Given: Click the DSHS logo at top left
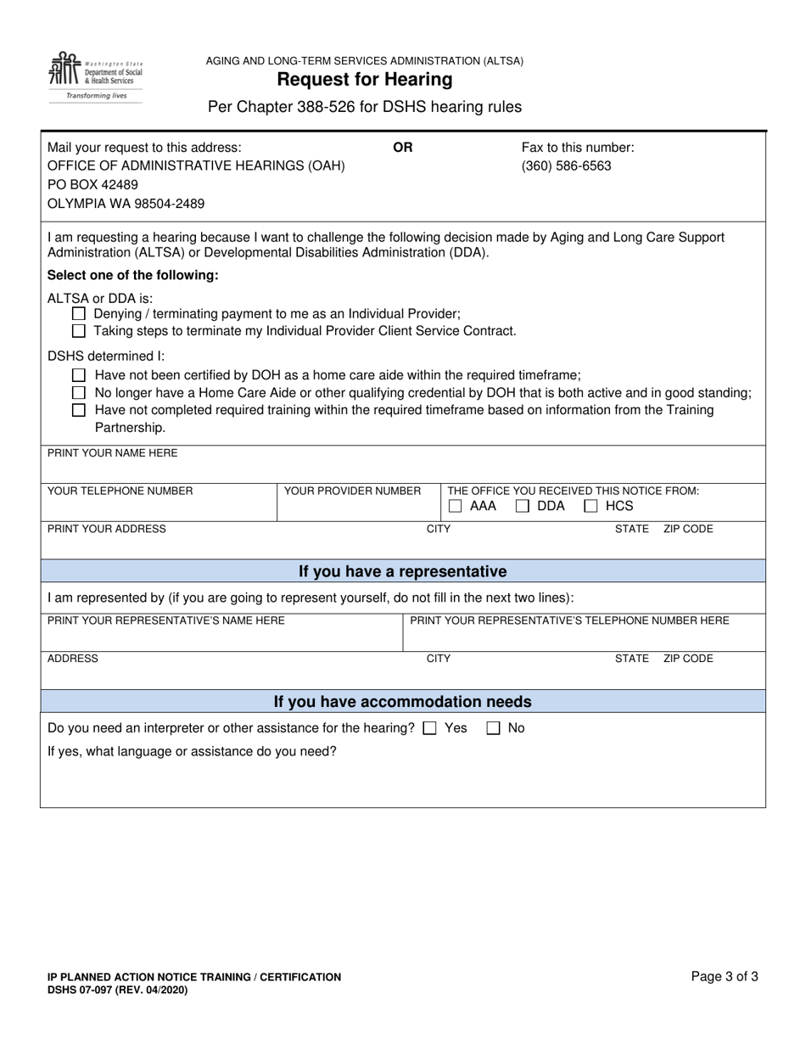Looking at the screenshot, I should point(96,75).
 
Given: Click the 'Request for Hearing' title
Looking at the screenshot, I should point(364,80).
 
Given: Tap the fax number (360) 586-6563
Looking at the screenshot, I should point(566,166).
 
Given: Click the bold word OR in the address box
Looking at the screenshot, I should point(403,148).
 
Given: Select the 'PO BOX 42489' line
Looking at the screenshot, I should point(92,185).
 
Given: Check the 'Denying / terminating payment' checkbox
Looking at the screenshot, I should point(79,314).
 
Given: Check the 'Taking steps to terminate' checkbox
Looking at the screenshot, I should point(79,331).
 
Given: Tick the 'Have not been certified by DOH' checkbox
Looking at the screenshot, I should point(79,375).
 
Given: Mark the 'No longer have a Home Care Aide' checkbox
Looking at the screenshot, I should point(79,393).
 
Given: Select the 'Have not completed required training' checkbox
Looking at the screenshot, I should point(79,410).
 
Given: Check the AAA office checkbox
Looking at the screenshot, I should point(456,507).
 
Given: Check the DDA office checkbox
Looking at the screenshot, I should point(523,507).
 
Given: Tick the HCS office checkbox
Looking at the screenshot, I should point(591,507).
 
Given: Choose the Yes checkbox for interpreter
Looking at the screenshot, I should point(430,728).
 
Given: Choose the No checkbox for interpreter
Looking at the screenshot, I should point(494,728).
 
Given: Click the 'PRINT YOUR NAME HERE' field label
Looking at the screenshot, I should point(112,453).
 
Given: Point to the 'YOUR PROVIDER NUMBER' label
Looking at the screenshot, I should point(352,491).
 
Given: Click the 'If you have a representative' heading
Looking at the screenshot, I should point(402,571).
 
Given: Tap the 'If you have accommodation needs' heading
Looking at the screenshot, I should point(402,702).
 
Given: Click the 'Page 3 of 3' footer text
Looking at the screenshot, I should point(725,977).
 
